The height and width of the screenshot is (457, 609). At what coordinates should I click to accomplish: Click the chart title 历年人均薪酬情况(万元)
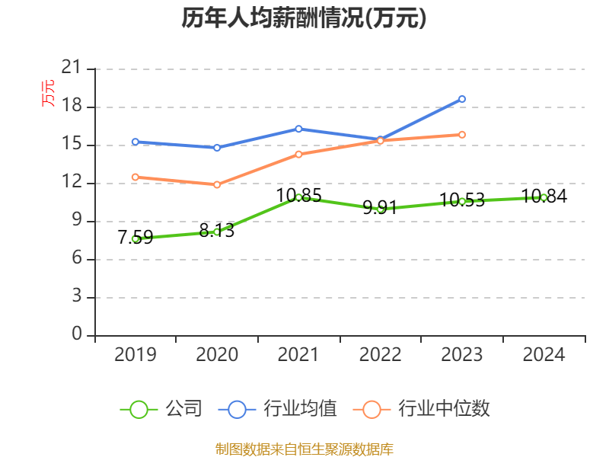tap(304, 18)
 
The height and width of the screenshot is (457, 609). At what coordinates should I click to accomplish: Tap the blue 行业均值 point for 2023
tap(462, 99)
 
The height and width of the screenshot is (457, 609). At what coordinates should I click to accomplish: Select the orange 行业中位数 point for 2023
tap(462, 135)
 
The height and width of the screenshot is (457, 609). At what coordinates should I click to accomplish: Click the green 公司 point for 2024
tap(544, 197)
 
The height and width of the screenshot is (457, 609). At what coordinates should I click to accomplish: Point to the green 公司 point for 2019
tap(136, 238)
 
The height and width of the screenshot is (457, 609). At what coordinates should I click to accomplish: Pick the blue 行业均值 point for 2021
tap(298, 129)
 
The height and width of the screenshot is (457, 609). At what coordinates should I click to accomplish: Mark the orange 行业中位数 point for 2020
tap(217, 184)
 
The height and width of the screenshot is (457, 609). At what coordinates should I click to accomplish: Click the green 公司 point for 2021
tap(298, 197)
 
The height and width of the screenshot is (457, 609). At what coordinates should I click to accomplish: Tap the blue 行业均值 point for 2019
tap(136, 142)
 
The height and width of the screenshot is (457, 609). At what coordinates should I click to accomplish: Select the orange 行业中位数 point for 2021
tap(298, 154)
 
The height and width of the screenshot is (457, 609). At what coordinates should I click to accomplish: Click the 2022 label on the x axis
tap(380, 355)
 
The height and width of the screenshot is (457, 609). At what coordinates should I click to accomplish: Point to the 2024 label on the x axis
tap(544, 355)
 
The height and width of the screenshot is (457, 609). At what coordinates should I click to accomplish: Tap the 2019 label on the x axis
tap(136, 355)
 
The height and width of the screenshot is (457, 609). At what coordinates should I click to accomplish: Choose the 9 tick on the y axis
tap(76, 221)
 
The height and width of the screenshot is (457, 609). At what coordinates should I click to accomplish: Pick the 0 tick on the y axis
tap(76, 335)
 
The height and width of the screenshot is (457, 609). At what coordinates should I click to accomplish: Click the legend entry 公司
tap(161, 409)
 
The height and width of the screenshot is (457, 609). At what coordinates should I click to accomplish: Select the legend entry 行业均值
tap(279, 409)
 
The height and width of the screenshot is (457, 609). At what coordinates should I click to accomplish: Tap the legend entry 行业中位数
tap(423, 409)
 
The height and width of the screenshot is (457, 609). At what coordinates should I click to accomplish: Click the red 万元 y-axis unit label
tap(49, 93)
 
